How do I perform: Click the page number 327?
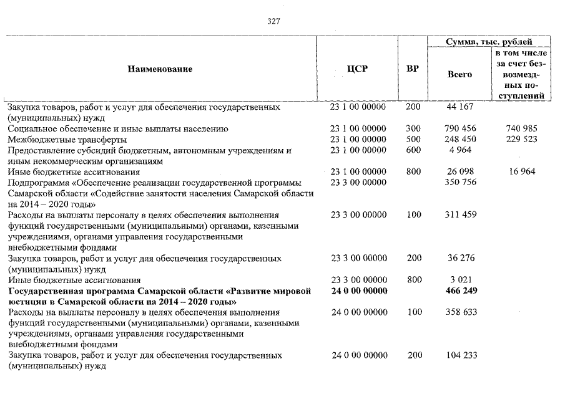(273, 21)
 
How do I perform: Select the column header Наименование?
(160, 69)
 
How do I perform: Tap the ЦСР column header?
(357, 69)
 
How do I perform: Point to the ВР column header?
(412, 69)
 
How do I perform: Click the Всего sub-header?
(460, 74)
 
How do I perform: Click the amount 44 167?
(461, 107)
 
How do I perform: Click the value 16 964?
(522, 171)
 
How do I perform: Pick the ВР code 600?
(413, 150)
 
